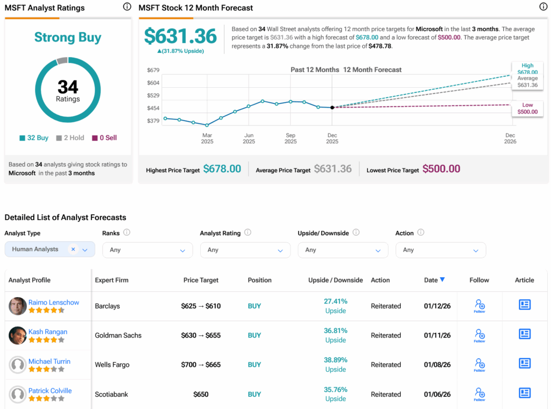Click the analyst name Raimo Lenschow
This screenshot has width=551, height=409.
54,302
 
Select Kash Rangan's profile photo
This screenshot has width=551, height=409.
18,335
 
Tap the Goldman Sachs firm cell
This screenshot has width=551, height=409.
118,335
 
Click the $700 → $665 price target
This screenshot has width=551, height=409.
201,364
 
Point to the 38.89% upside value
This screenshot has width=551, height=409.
335,360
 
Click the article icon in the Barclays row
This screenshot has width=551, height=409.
524,305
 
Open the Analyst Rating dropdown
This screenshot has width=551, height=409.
245,250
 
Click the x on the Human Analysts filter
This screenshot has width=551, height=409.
73,249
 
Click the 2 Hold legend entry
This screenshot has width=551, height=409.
70,138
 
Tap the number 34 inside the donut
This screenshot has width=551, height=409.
68,87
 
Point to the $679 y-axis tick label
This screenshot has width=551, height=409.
153,70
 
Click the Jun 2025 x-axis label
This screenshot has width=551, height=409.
249,138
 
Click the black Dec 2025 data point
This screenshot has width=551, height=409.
332,108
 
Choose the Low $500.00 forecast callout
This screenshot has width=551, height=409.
527,108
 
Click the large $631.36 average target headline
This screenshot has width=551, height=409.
180,36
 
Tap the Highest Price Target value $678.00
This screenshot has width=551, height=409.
222,169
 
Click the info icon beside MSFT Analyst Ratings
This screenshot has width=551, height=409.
127,7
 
